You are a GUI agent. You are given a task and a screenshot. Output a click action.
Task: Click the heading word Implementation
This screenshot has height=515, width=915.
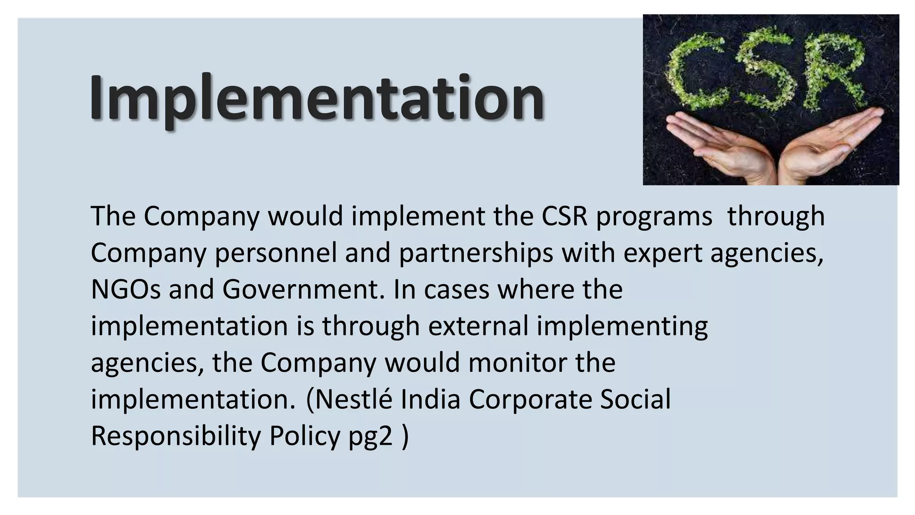[317, 98]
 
